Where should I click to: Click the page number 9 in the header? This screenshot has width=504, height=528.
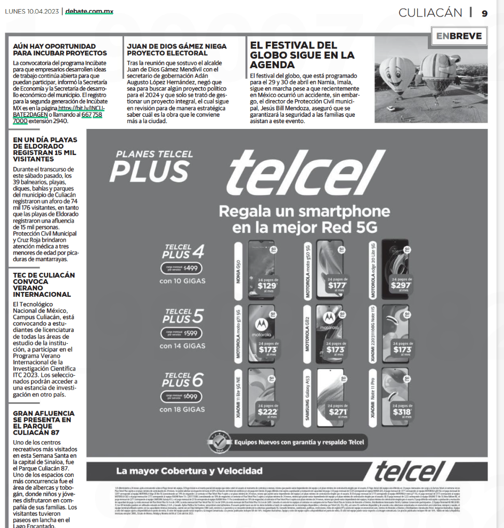(x=484, y=13)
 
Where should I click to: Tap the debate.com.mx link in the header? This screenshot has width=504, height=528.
(x=89, y=11)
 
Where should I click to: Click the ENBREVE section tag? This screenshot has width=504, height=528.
(x=458, y=36)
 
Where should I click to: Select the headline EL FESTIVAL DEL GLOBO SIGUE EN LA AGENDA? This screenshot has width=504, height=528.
(x=302, y=55)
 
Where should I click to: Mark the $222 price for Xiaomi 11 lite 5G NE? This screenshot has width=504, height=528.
(x=267, y=410)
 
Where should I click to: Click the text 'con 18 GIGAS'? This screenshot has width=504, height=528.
(x=182, y=410)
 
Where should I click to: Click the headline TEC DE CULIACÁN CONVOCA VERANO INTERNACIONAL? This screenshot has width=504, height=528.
(x=44, y=285)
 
